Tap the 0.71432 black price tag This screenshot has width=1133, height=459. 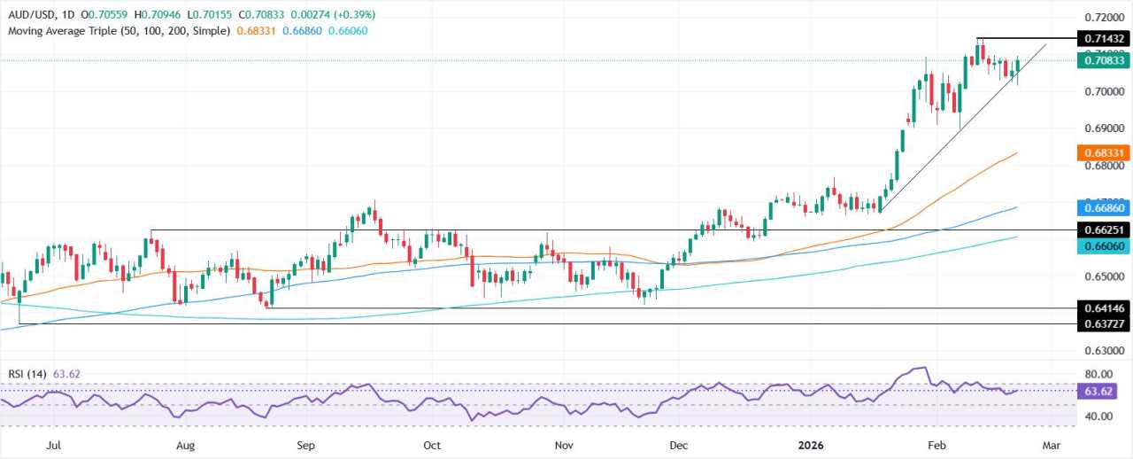tap(1104, 38)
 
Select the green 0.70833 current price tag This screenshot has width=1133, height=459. tap(1104, 60)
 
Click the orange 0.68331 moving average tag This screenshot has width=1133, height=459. tap(1104, 153)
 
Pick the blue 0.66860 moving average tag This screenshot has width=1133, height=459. tap(1104, 207)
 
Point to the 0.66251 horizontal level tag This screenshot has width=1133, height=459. tap(1104, 229)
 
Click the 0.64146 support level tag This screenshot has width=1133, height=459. tap(1104, 308)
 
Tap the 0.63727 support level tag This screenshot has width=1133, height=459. tap(1104, 324)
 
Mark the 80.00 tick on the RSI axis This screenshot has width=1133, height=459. tap(1102, 375)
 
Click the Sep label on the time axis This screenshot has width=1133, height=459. tap(305, 444)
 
